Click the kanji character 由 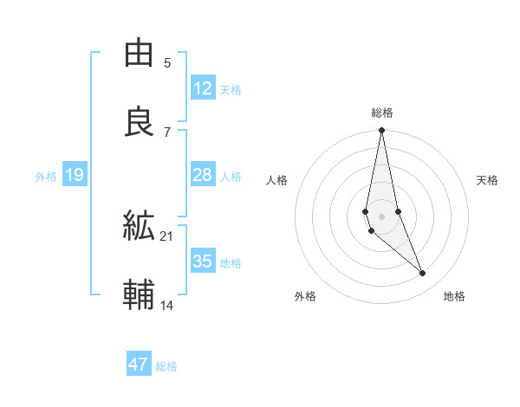tap(140, 53)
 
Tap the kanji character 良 tap(140, 122)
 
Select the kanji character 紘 tap(140, 226)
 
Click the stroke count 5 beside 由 tap(166, 62)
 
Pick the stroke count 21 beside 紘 tap(167, 236)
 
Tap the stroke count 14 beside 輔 tap(167, 305)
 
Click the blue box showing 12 tap(203, 88)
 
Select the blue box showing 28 tap(203, 175)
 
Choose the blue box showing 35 tap(203, 262)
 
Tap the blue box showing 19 tap(75, 175)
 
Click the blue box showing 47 tap(139, 365)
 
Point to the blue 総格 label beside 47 tap(166, 366)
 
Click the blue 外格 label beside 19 tap(46, 177)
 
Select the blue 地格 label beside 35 tap(231, 263)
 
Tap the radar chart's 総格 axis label tap(382, 113)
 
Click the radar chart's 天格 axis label tap(487, 180)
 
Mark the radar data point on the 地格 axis tap(423, 273)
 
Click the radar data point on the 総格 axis tap(381, 131)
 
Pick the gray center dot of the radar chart tap(381, 216)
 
